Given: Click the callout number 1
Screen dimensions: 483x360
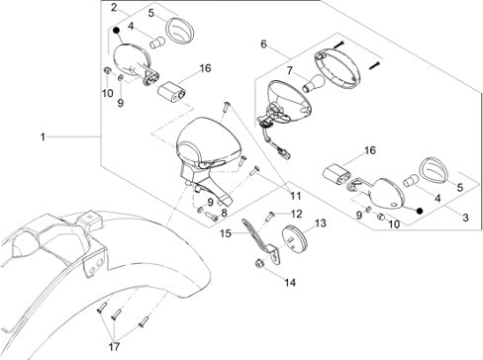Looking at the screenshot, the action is pos(43,136).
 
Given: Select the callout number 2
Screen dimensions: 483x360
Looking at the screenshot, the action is pos(114,8).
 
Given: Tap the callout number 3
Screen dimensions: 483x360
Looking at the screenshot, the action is pos(465,218).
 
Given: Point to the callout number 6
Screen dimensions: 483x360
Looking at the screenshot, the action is pos(263,44).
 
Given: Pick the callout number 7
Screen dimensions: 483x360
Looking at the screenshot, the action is pos(289,70).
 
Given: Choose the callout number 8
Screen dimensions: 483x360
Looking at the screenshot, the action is pos(225,213).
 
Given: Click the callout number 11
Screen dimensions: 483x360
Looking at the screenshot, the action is pos(296,196).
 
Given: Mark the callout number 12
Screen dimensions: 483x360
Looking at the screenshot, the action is pos(297,215).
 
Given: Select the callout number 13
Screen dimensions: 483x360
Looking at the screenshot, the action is pos(321,224).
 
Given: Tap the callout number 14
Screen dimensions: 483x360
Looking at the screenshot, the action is pos(290,283).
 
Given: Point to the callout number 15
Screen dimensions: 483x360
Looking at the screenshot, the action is pos(226,233).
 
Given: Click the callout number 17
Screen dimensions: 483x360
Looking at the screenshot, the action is pos(114,346).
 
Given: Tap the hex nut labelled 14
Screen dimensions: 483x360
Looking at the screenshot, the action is pos(259,263).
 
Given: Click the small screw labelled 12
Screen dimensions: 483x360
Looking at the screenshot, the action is pos(270,217).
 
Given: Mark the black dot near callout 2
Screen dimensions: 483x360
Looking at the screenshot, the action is pos(117,31).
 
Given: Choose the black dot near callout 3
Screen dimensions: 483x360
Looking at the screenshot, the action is pos(420,211).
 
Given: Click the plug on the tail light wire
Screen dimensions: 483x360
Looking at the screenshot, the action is pos(284,152).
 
